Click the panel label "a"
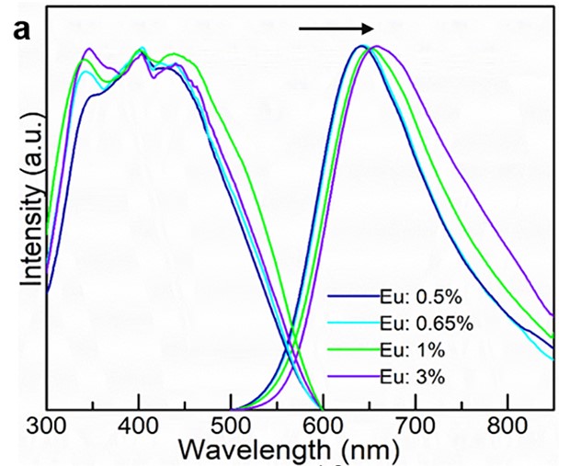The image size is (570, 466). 21,29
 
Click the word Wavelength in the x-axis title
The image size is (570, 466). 245,450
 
